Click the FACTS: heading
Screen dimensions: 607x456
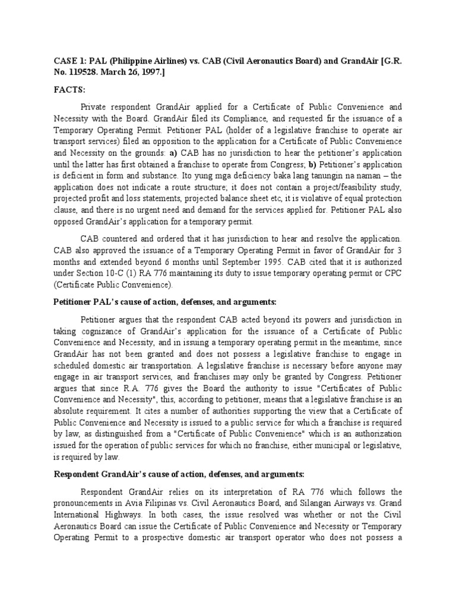point(69,90)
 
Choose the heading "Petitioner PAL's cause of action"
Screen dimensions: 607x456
point(125,302)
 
